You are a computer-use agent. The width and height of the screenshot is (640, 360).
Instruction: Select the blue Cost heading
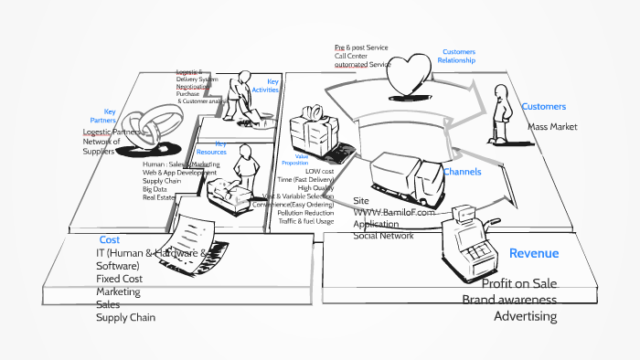[110, 239]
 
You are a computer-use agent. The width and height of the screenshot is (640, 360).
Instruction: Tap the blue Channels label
[462, 172]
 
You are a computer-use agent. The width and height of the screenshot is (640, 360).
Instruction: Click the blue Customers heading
[543, 107]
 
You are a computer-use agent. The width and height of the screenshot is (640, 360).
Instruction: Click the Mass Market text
[552, 127]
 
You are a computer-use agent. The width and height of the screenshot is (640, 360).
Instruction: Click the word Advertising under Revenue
[525, 316]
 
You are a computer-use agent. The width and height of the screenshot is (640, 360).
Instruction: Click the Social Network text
[383, 235]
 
